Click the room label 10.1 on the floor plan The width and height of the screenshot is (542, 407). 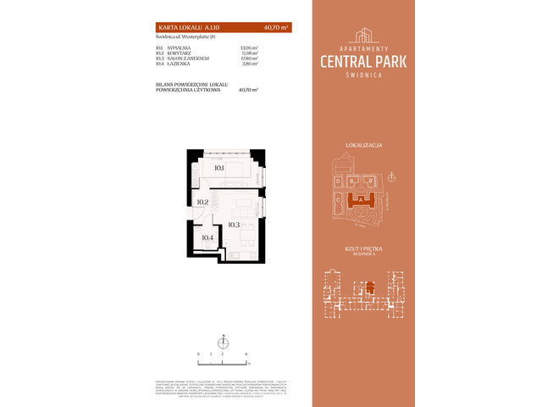(218, 168)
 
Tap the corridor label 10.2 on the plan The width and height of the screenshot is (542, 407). (202, 202)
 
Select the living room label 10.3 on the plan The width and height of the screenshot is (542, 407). (235, 225)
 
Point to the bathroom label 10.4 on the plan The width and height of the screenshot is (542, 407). (207, 237)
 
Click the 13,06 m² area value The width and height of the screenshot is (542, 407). (249, 47)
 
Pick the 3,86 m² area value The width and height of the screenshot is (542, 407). (250, 64)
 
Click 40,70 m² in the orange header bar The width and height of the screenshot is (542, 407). (276, 27)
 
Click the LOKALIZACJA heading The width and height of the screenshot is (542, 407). (366, 146)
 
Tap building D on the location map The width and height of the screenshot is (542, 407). (338, 181)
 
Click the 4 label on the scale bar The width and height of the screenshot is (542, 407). (246, 351)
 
